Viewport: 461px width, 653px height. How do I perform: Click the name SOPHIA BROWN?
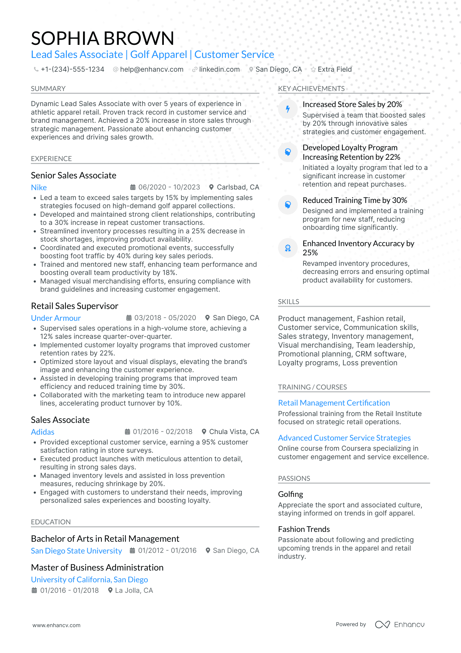pos(102,38)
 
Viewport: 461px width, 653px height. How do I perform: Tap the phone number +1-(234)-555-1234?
pos(72,69)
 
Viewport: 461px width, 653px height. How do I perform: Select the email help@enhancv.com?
pos(151,69)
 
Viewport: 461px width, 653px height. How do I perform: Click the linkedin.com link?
pos(219,69)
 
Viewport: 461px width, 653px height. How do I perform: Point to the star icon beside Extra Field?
pos(313,69)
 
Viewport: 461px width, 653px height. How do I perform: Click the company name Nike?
pos(39,188)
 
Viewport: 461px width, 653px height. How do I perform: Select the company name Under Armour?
pos(56,318)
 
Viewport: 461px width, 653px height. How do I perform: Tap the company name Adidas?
pos(43,432)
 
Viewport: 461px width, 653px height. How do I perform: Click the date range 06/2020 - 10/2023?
pos(169,187)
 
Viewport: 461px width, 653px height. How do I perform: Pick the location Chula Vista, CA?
pos(234,432)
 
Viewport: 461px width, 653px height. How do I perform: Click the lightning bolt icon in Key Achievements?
pos(288,109)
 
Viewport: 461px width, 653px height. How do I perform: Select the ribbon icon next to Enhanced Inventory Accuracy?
pos(288,248)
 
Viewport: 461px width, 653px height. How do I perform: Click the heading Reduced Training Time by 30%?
pos(355,200)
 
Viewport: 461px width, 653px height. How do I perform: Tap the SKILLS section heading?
pos(288,302)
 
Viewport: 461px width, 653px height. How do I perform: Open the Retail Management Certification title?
pos(334,403)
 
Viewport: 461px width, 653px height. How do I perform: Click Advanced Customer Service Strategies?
pos(344,438)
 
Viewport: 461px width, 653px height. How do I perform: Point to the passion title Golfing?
pos(290,494)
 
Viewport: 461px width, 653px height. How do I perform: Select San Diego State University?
pos(76,551)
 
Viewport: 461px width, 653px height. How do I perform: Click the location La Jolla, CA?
pos(134,590)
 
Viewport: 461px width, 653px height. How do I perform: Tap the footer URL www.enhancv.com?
pos(56,625)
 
